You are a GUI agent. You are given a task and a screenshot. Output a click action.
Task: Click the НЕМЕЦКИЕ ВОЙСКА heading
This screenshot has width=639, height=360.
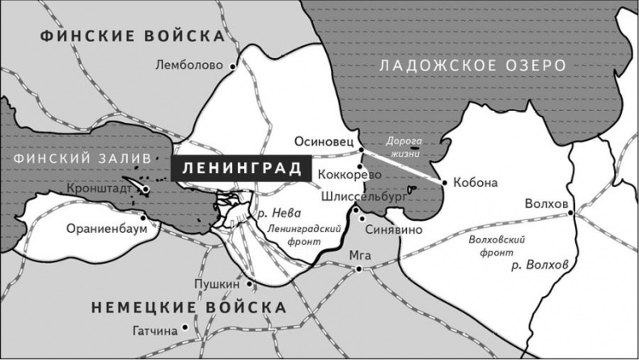point(188,307)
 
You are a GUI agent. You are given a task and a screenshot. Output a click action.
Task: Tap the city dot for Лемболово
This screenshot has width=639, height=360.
point(233,66)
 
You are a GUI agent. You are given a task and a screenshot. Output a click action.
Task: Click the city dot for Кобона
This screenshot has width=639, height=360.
point(444,183)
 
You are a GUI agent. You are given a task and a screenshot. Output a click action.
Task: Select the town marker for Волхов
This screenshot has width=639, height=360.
point(570,213)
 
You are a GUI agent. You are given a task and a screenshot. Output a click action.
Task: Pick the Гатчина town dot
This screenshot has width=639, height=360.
point(185,328)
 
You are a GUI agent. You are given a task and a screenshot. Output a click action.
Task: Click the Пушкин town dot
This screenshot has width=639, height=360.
point(250,283)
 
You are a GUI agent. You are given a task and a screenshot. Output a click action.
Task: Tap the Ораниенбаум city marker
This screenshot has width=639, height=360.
point(143,217)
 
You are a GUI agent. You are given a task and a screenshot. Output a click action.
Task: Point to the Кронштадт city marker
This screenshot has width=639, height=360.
point(146,190)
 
